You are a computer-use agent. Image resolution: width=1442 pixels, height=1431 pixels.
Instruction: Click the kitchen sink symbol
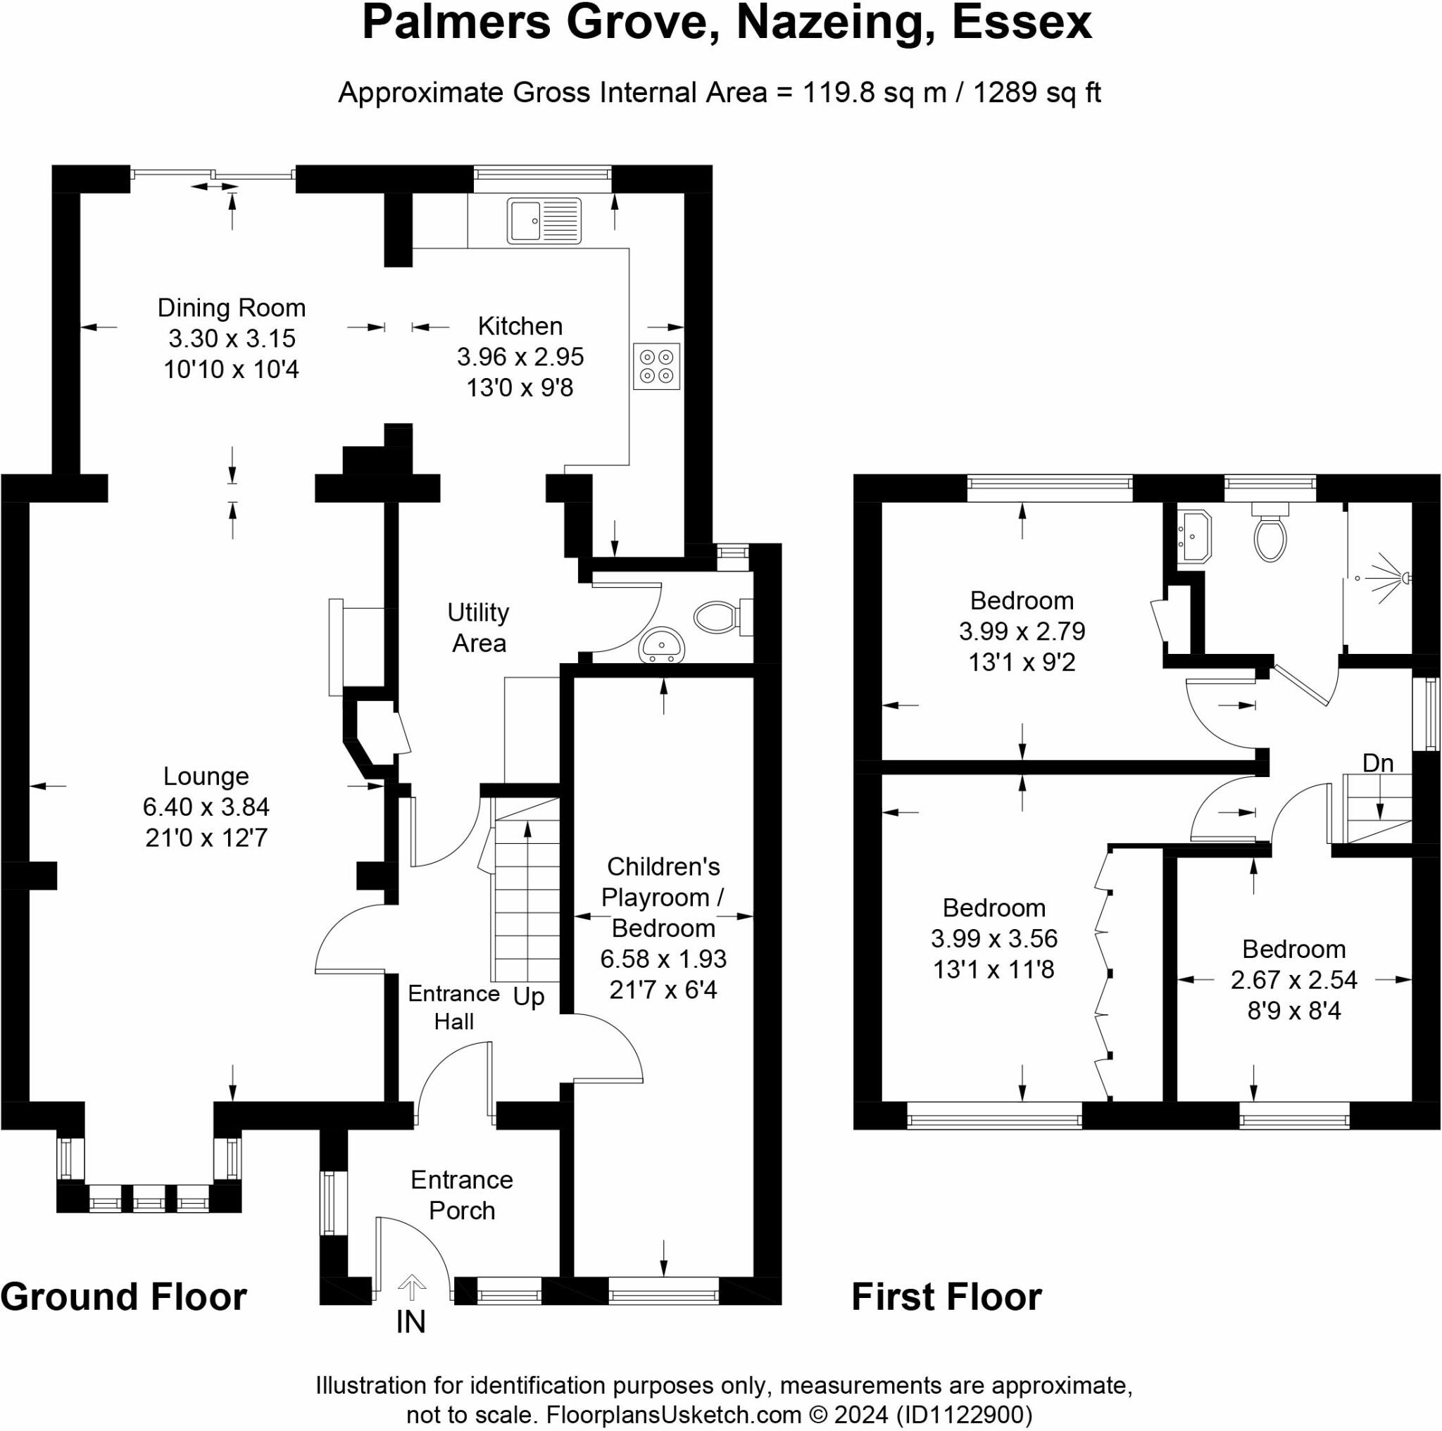[544, 220]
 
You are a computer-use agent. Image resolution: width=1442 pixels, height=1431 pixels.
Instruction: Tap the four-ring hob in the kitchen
[657, 366]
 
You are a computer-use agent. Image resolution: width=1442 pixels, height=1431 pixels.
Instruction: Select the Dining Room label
[232, 308]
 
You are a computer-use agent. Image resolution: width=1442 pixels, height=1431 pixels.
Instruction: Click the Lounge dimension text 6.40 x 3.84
[206, 807]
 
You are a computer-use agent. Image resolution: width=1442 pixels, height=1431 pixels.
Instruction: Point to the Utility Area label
[478, 627]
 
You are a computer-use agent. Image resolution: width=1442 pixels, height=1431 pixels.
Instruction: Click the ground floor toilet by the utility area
[723, 617]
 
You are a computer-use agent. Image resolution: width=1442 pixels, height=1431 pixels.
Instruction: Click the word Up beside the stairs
[529, 997]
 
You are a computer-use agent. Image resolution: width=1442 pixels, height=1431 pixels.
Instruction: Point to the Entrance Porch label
[462, 1194]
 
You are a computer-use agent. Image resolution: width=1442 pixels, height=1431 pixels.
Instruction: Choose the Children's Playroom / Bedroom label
[663, 897]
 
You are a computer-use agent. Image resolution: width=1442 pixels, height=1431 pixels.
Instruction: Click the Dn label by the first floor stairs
[1378, 763]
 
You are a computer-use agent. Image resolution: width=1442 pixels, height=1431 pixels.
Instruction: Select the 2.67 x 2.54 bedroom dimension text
[1294, 979]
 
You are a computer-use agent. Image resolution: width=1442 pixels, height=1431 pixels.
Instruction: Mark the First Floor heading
[946, 1297]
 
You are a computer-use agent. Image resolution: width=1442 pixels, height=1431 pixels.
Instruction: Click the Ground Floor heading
[124, 1297]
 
